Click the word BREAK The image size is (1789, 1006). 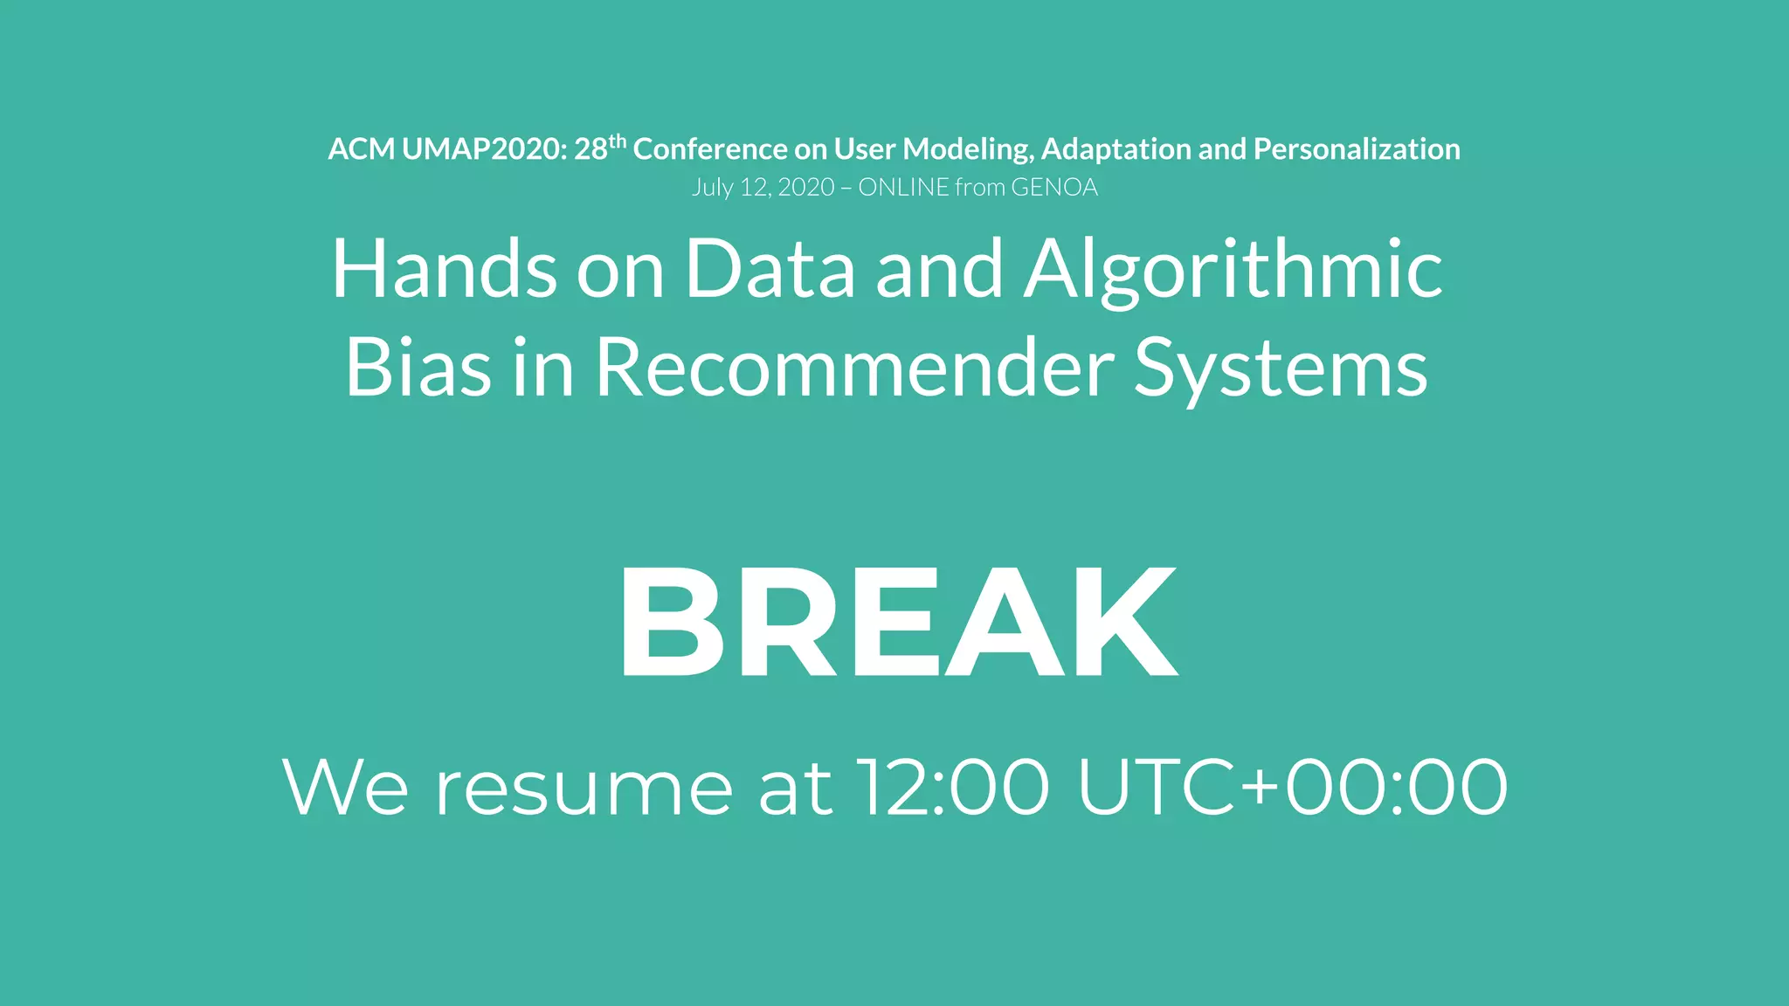898,622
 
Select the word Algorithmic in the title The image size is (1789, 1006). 1233,271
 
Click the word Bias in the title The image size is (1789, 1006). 418,368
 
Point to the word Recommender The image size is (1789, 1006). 854,368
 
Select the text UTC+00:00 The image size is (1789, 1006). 1292,788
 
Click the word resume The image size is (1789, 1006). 584,788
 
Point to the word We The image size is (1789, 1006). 345,788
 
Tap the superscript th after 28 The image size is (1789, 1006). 618,141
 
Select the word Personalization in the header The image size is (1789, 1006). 1357,149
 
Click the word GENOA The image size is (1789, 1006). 1054,188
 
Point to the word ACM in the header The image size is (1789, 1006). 361,149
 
